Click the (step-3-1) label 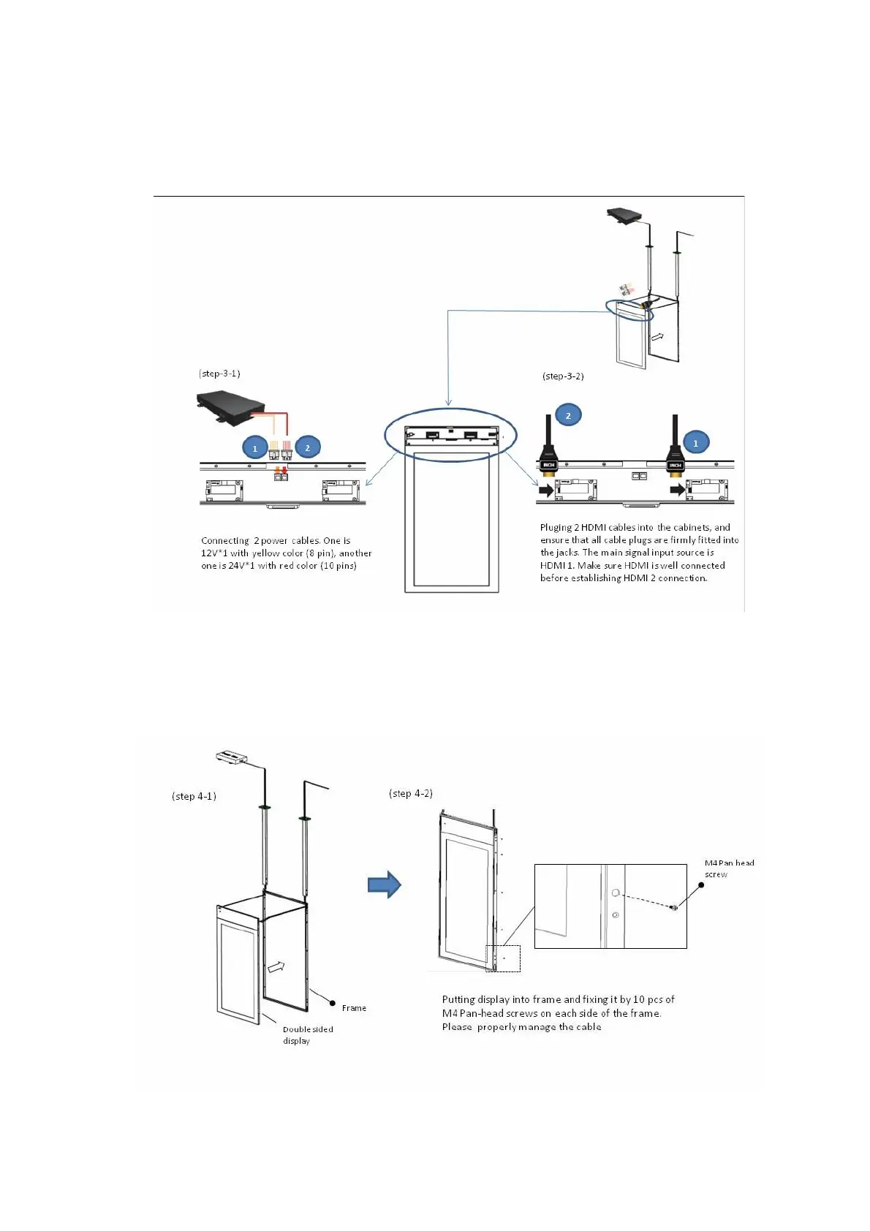[x=219, y=374]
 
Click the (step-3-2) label [x=563, y=376]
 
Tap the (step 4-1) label [x=194, y=796]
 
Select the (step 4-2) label [x=411, y=793]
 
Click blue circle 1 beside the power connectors [x=255, y=448]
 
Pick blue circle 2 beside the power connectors [x=308, y=448]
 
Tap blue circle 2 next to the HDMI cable [x=568, y=415]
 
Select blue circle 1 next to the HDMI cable [x=695, y=443]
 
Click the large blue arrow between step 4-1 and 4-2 [x=385, y=885]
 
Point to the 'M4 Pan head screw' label [x=729, y=868]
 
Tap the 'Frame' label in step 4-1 [x=354, y=1008]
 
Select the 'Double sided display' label [x=308, y=1034]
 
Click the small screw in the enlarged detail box [x=674, y=907]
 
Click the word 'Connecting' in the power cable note [x=224, y=541]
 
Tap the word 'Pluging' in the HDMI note [x=556, y=528]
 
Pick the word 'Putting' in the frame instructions [x=458, y=999]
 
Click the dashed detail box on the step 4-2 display [x=503, y=958]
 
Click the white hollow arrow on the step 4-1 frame [x=276, y=967]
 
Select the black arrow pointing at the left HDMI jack [x=545, y=490]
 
